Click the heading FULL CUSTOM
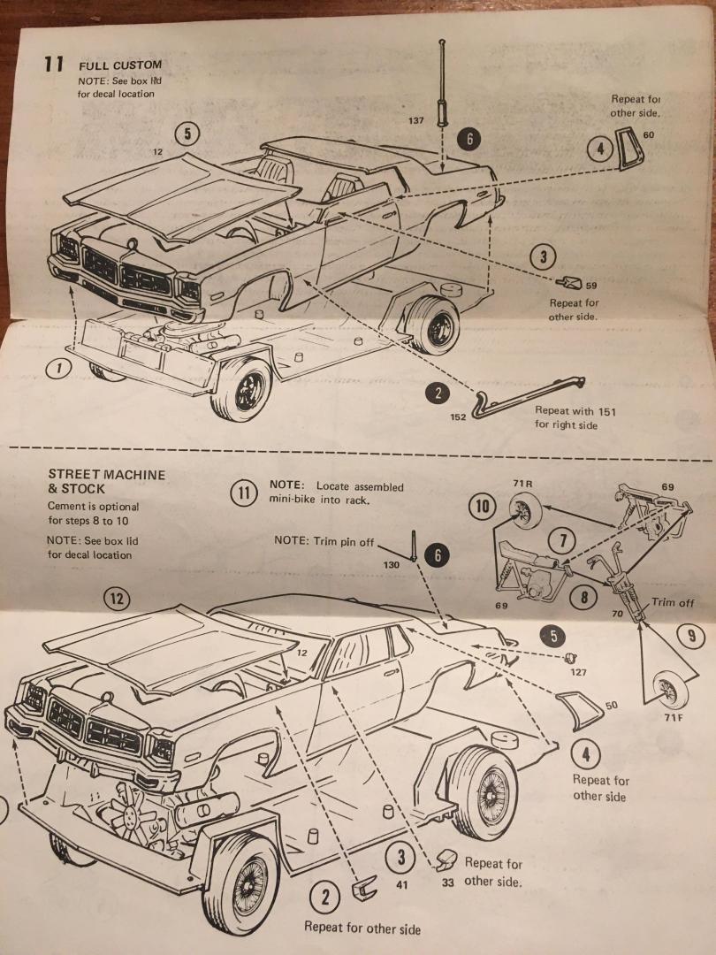click(x=120, y=65)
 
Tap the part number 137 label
click(x=416, y=119)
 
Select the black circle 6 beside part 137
click(x=470, y=140)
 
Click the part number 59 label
click(x=591, y=286)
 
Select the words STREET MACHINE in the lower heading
click(x=106, y=475)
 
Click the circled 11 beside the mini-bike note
click(x=244, y=493)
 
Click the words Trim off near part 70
click(x=674, y=602)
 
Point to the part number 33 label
click(x=447, y=882)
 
